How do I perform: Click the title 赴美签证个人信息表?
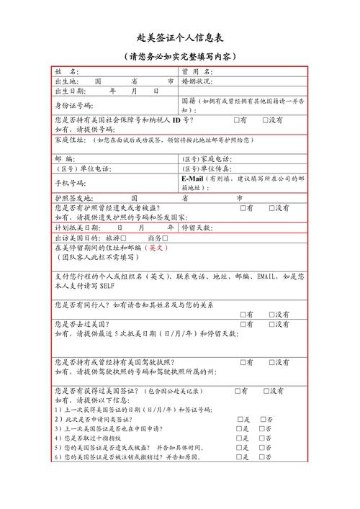point(179,37)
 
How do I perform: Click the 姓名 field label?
point(66,72)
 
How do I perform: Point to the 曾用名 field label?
point(197,72)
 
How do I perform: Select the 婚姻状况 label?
point(198,81)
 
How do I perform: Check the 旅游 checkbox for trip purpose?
point(124,238)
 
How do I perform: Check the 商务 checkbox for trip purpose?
point(165,238)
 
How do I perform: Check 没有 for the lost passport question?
point(272,208)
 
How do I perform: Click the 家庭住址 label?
point(69,139)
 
